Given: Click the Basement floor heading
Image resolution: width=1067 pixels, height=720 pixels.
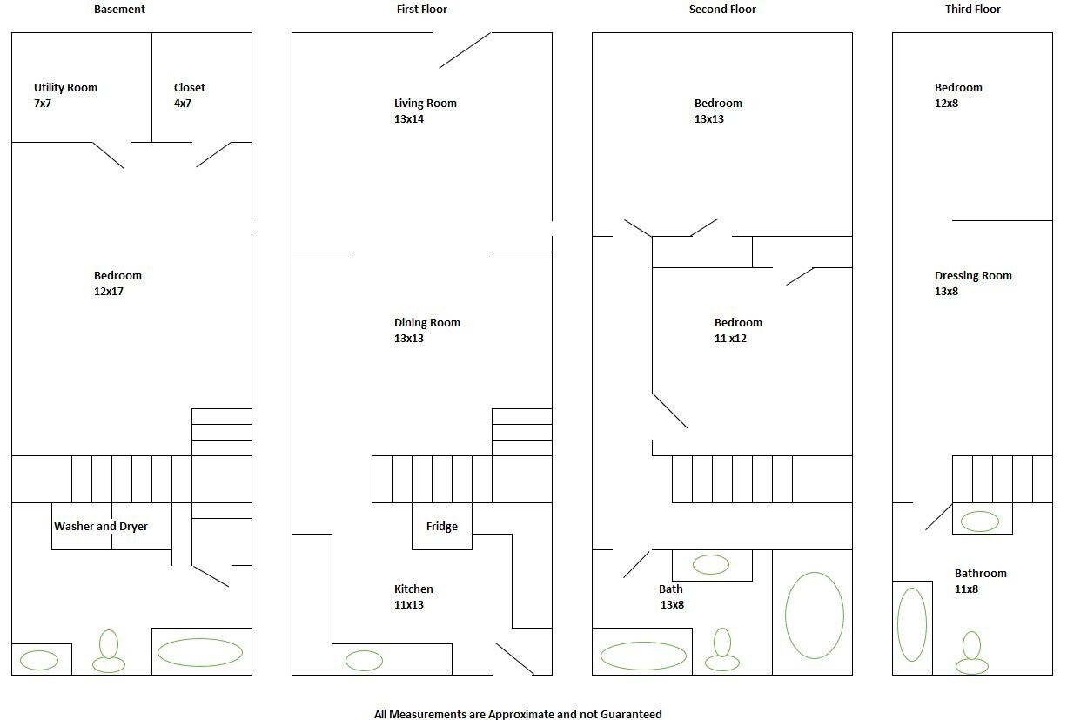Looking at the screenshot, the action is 119,9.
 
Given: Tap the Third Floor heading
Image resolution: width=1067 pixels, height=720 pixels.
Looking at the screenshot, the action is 973,9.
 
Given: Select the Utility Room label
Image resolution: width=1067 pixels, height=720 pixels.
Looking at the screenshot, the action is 65,88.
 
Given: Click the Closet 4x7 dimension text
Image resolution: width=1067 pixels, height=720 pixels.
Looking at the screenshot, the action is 183,104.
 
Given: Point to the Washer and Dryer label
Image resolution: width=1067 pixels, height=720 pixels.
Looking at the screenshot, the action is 101,527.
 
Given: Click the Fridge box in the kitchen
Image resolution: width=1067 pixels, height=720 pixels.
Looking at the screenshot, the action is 442,526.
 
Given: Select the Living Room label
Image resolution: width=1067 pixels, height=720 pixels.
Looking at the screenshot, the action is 426,104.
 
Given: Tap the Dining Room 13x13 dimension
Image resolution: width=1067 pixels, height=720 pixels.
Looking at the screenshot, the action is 409,339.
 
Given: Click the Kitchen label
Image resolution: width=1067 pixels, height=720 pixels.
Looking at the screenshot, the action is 413,589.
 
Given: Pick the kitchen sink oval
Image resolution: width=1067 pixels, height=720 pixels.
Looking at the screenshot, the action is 364,661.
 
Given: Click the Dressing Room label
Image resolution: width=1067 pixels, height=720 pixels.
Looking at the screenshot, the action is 973,276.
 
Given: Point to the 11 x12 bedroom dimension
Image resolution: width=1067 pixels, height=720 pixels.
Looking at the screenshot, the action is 730,339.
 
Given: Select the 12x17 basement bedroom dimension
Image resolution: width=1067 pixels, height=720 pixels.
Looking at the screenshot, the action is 109,291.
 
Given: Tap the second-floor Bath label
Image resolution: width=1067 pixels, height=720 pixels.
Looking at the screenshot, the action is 671,589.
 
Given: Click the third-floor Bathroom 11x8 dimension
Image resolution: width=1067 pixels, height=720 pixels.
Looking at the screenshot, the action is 966,589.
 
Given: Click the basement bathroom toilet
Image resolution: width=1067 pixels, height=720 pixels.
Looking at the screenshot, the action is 109,651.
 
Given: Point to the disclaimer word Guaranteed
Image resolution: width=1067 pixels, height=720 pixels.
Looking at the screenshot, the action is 631,714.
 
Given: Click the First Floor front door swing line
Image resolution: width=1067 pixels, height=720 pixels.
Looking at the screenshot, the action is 465,50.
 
